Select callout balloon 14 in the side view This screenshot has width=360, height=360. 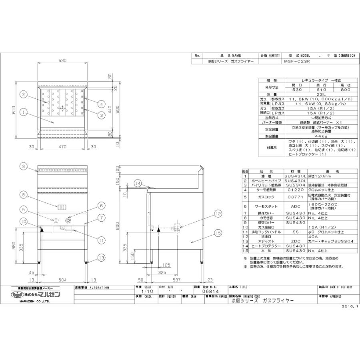(x=138, y=184)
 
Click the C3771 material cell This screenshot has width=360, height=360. (x=295, y=196)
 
